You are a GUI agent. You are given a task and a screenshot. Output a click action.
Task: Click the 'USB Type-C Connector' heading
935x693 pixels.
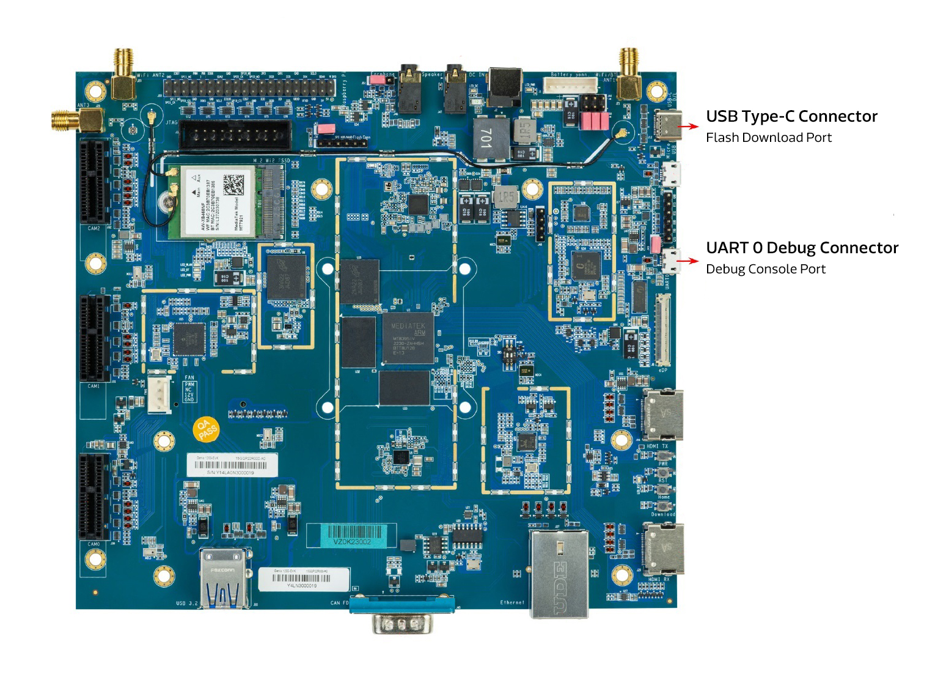pyautogui.click(x=791, y=116)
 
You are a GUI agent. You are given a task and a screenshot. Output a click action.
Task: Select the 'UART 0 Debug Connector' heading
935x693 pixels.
pyautogui.click(x=802, y=248)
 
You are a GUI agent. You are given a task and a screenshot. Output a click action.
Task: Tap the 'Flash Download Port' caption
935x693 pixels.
pyautogui.click(x=768, y=138)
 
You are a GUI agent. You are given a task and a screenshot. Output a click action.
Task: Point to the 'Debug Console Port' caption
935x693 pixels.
pyautogui.click(x=765, y=269)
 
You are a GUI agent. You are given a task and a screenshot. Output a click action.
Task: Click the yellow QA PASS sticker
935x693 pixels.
pyautogui.click(x=207, y=429)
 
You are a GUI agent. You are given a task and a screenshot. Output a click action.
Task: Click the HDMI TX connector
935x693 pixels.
pyautogui.click(x=662, y=415)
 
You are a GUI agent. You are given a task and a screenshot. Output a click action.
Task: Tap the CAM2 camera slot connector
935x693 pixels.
pyautogui.click(x=94, y=182)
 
